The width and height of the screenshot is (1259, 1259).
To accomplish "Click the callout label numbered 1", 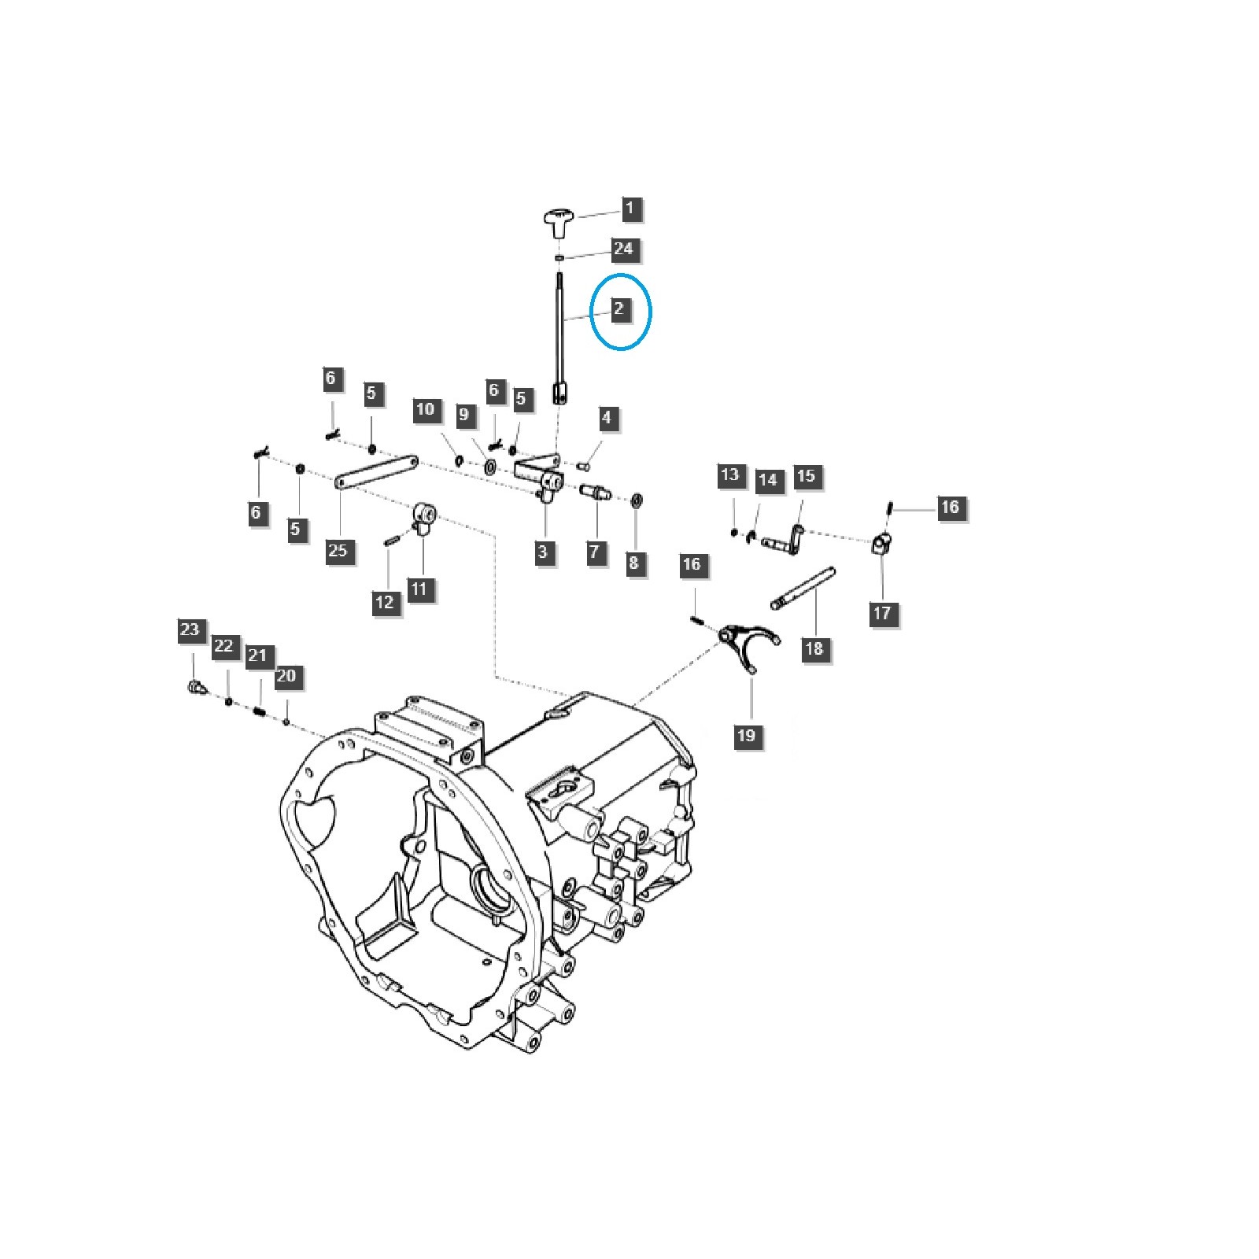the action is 629,209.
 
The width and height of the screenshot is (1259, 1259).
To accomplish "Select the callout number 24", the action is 622,249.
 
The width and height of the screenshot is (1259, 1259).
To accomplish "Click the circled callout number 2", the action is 618,308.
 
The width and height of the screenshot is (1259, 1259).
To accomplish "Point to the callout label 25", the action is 338,549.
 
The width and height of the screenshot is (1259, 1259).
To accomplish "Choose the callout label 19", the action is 746,735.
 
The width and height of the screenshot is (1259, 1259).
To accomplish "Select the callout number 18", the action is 814,648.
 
